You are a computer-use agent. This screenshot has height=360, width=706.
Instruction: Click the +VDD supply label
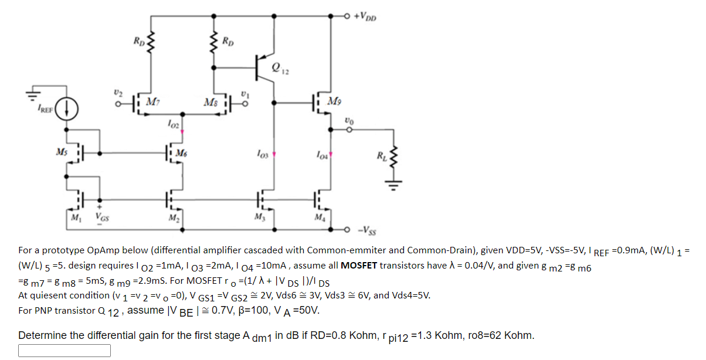(x=365, y=15)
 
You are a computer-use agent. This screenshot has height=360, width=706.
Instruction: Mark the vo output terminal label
(x=349, y=121)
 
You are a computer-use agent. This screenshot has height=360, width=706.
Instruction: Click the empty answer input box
(x=65, y=351)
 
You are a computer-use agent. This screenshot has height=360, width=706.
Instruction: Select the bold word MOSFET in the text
(x=360, y=265)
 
